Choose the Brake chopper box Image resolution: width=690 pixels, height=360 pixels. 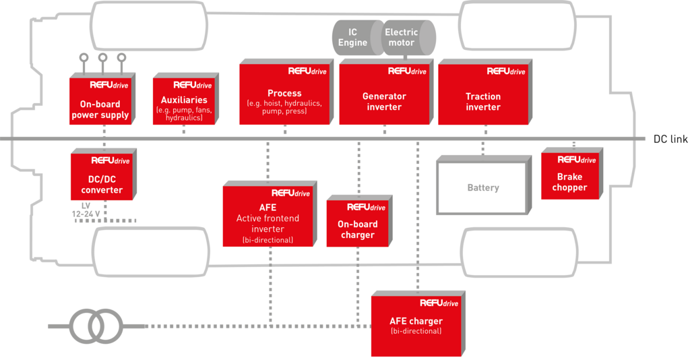569,177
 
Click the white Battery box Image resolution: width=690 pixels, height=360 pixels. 482,187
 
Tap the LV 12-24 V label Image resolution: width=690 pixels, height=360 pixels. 86,210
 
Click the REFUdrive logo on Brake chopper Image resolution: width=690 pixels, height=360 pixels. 577,160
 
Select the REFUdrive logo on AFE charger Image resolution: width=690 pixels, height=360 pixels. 439,303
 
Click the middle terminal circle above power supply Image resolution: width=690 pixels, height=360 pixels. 102,59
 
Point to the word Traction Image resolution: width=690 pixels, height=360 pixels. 483,96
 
